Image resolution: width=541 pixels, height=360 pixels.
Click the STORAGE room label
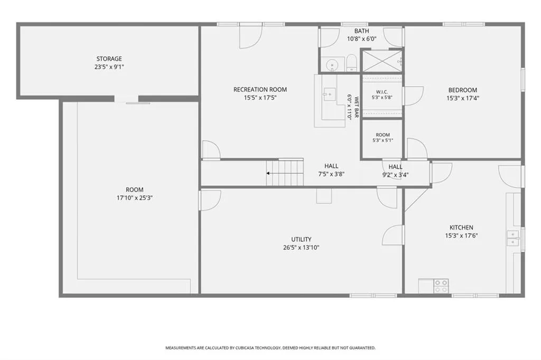[x=109, y=59]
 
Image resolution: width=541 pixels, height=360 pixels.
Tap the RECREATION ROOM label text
[x=260, y=90]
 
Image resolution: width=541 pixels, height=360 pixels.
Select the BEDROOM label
[x=463, y=90]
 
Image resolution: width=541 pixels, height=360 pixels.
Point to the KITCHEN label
[x=461, y=228]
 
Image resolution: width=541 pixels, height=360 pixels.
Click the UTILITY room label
[x=301, y=239]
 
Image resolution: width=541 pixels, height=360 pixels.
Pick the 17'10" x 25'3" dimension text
[x=135, y=198]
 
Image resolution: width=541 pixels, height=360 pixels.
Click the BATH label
[x=361, y=31]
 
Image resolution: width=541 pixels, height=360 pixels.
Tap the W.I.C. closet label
[x=382, y=92]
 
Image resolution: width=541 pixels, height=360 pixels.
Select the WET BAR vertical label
[x=357, y=107]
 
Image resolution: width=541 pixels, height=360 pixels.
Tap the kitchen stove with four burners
[x=441, y=286]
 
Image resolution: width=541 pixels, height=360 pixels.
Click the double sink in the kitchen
[x=513, y=238]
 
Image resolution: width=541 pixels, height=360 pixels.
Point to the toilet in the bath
[x=351, y=63]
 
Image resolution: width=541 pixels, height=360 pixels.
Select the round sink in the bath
[x=332, y=64]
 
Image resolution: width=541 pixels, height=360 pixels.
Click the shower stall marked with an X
[x=382, y=61]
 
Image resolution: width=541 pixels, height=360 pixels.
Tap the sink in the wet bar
[x=329, y=94]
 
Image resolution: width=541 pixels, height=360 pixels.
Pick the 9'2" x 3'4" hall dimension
[x=395, y=175]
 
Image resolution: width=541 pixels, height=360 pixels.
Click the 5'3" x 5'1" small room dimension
[x=383, y=140]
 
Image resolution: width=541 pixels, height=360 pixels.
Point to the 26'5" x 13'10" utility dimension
[x=301, y=248]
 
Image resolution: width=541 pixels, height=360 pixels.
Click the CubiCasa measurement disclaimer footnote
[x=270, y=348]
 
